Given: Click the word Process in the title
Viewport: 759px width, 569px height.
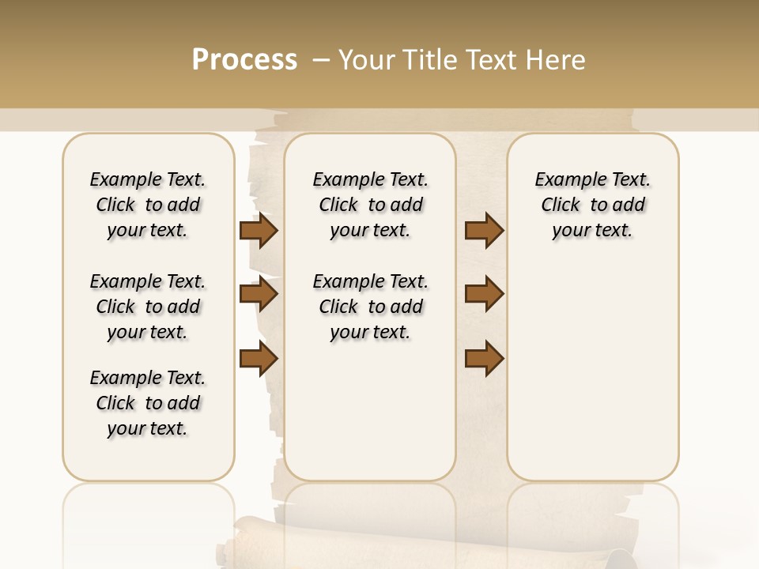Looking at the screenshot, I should tap(244, 60).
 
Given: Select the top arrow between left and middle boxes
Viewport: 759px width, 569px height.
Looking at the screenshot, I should tap(259, 231).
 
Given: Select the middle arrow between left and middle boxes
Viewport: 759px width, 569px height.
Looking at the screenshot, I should tap(259, 295).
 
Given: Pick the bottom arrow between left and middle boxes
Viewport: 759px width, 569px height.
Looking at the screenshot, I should tap(259, 359).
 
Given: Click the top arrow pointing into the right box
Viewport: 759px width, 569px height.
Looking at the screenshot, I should tap(484, 231).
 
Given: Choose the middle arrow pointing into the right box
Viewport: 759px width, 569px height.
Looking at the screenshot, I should tap(484, 295).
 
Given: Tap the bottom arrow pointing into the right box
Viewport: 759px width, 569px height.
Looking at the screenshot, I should tap(484, 359).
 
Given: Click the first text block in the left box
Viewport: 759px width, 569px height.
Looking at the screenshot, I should tap(148, 205).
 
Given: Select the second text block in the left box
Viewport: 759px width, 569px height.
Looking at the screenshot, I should tap(148, 307).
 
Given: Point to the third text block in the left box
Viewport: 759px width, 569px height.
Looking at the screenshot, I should tap(148, 403).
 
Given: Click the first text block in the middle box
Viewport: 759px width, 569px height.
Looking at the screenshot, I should tap(371, 205).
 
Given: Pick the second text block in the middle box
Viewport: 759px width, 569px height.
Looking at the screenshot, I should tap(371, 307).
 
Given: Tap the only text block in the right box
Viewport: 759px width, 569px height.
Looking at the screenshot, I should tap(593, 205).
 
